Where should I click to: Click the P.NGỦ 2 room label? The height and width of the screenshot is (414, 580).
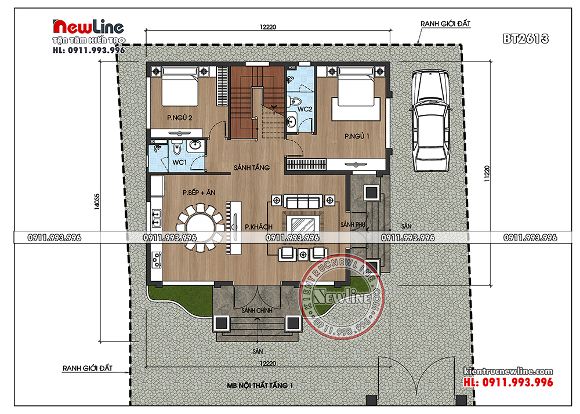pos(179,118)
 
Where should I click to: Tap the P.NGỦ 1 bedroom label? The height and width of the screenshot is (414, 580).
pos(357,136)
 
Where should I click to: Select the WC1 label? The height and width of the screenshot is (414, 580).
pos(180,162)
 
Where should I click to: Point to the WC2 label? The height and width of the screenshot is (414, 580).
pos(305,109)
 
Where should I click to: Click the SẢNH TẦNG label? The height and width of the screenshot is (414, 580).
pos(252,168)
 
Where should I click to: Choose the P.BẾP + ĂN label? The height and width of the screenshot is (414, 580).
pos(199,193)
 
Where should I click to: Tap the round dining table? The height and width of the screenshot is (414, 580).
pos(200,228)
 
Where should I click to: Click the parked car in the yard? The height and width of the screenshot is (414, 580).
pos(430,121)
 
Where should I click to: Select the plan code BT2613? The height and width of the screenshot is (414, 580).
pos(525,39)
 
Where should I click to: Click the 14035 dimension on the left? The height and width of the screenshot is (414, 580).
pos(97,201)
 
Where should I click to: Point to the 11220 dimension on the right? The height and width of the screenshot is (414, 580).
pos(487,173)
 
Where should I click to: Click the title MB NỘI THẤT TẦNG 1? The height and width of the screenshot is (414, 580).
pos(260,386)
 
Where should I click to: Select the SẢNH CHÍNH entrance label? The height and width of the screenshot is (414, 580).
pos(257,311)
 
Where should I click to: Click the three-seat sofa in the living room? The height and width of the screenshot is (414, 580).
pos(303,202)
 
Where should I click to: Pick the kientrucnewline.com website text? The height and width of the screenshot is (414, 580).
pos(508,371)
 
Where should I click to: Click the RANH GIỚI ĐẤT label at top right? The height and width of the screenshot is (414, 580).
pos(445,24)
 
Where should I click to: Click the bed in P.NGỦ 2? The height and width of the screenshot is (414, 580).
pos(180,86)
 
